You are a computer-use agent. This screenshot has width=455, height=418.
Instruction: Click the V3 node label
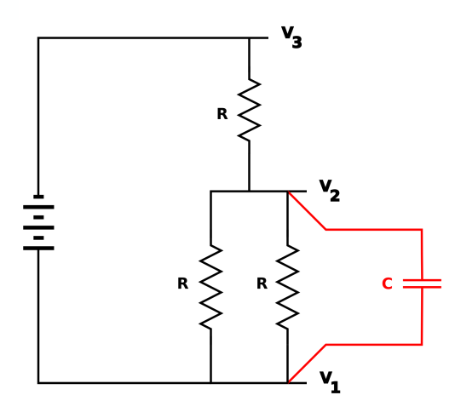click(291, 37)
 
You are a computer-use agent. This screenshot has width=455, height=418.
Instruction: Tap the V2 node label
click(330, 190)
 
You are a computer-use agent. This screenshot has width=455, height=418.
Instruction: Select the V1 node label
click(330, 382)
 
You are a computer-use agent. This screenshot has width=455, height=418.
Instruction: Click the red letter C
click(388, 283)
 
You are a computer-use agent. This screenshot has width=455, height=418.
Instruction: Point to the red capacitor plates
click(423, 283)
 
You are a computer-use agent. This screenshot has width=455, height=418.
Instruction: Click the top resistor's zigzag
click(249, 110)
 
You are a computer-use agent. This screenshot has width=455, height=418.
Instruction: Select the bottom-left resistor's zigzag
click(210, 287)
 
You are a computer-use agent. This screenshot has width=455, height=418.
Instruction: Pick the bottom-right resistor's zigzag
click(287, 287)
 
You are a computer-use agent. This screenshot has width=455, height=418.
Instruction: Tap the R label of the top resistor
click(222, 114)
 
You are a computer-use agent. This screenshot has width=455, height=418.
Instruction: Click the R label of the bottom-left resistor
click(183, 283)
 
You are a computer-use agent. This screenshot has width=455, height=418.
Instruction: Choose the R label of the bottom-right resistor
click(262, 283)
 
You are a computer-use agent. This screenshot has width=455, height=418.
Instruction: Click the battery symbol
click(38, 222)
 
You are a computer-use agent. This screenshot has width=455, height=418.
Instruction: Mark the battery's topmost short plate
click(38, 197)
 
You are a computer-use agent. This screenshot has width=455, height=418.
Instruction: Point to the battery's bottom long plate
click(38, 248)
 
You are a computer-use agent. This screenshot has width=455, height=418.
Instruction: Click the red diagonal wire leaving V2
click(307, 210)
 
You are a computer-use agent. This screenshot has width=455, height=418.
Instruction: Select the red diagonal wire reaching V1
click(307, 364)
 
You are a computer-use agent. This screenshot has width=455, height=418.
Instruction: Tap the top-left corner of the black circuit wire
click(38, 37)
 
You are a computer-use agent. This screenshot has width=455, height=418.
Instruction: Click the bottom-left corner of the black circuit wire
click(38, 383)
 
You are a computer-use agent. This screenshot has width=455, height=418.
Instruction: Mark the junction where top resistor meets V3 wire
click(249, 37)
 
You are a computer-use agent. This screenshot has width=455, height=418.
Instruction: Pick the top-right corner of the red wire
click(422, 230)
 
